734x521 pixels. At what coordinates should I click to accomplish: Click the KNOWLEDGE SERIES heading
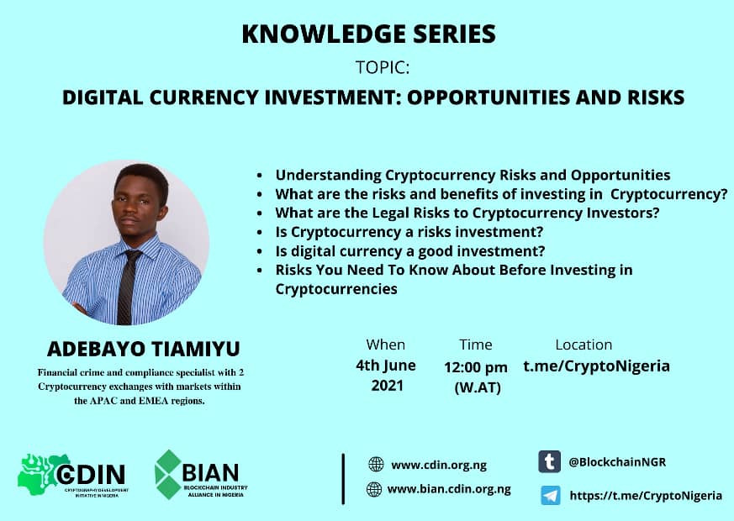[368, 34]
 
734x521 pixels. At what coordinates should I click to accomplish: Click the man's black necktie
[127, 285]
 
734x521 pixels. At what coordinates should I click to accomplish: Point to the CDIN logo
[72, 475]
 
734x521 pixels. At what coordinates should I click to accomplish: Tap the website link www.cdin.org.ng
[438, 465]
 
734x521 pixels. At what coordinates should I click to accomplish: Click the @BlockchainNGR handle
[617, 462]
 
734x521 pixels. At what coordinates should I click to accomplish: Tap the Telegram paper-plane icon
[551, 495]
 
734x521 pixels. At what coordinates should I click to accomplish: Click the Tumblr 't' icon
[550, 462]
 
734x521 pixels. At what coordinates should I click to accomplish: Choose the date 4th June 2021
[386, 376]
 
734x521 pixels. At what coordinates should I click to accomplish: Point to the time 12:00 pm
[476, 367]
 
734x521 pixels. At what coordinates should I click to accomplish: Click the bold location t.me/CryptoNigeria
[597, 366]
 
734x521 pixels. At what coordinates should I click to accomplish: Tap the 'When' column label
[385, 345]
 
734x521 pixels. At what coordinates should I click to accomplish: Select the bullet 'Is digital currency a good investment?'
[410, 250]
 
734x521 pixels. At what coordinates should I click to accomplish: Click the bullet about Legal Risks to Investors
[467, 213]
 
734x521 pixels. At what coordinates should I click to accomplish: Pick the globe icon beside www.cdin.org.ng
[376, 465]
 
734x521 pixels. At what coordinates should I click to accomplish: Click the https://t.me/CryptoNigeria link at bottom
[646, 495]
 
